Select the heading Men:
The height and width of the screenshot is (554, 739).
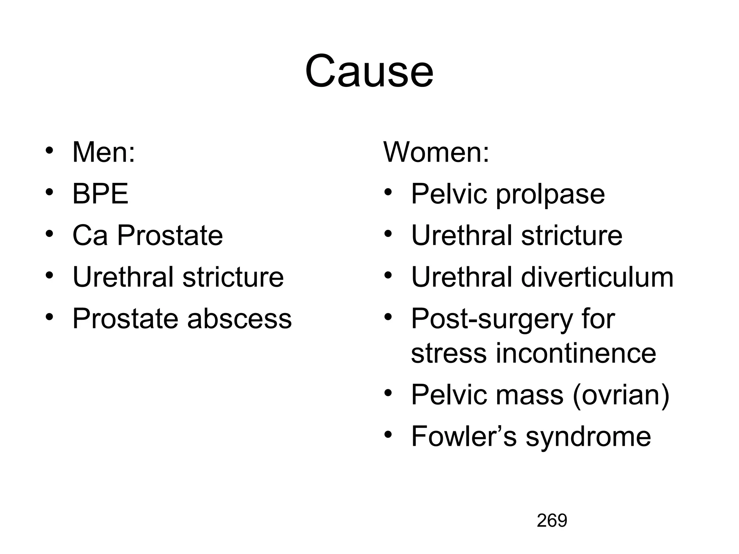(104, 153)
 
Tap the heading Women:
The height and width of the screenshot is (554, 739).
(436, 153)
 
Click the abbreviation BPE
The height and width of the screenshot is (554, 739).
(100, 194)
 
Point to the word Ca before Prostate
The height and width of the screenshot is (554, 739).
(90, 236)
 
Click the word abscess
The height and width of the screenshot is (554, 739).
(239, 319)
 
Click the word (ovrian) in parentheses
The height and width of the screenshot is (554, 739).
(621, 395)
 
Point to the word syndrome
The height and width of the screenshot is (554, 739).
(588, 437)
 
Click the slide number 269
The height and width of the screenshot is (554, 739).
(552, 521)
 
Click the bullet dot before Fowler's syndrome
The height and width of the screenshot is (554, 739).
(388, 434)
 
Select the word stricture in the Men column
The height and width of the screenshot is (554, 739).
(233, 277)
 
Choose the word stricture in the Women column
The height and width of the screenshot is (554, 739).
(572, 236)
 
